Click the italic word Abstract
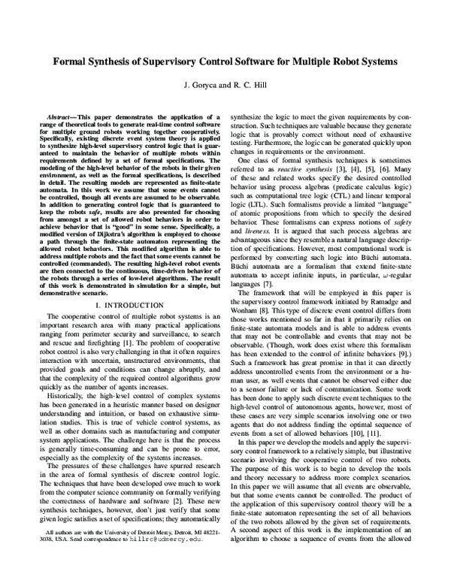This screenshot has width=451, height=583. [62, 118]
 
